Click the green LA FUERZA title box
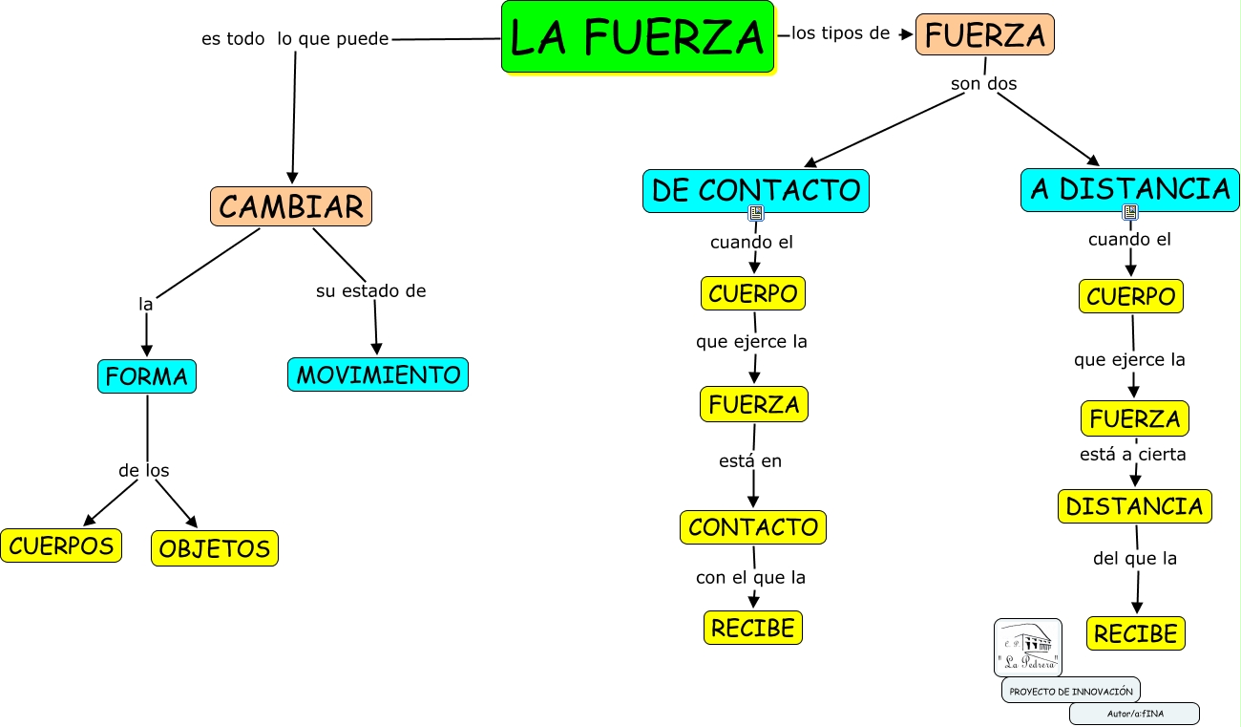point(637,36)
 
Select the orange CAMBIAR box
point(291,206)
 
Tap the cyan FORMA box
point(147,376)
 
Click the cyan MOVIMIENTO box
point(378,374)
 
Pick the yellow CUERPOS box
point(61,545)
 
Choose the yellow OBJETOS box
point(215,548)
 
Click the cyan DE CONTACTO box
point(756,190)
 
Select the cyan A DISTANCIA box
point(1130,189)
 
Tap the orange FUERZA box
point(985,35)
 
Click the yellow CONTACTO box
point(753,526)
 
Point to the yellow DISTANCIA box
point(1134,506)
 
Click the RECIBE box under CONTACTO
point(753,628)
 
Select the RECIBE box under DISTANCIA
point(1136,633)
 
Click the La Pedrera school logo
point(1028,648)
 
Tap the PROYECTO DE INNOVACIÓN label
point(1071,691)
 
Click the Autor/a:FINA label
point(1134,714)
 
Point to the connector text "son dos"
point(984,84)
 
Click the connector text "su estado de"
point(371,291)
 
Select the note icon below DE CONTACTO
point(756,212)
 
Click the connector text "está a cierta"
point(1133,455)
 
